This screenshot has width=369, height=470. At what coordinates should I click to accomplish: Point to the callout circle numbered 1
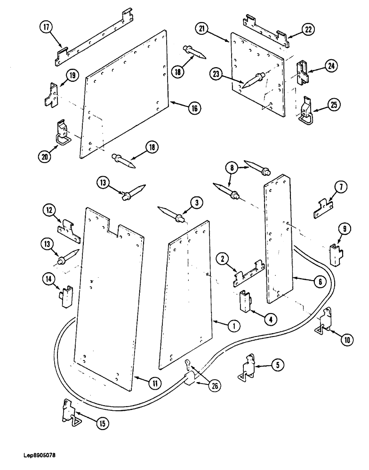point(233,325)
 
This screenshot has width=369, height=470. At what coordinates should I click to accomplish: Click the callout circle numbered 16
point(193,108)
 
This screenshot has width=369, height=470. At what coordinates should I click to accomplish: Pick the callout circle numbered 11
point(154,383)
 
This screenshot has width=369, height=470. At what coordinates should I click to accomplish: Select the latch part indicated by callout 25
point(307,112)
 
